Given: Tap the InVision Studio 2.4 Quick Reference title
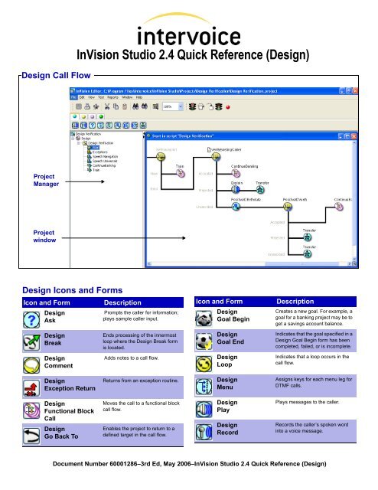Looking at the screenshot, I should pyautogui.click(x=189, y=55).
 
